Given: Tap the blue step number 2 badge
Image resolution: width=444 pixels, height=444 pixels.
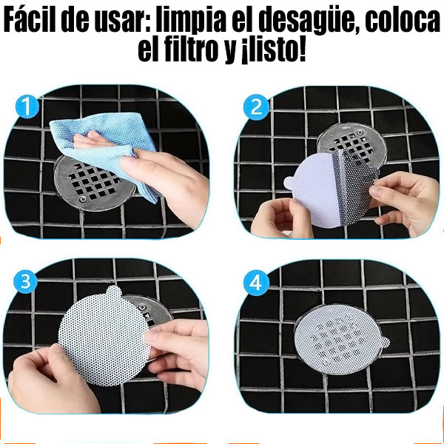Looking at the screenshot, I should click(x=256, y=108).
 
